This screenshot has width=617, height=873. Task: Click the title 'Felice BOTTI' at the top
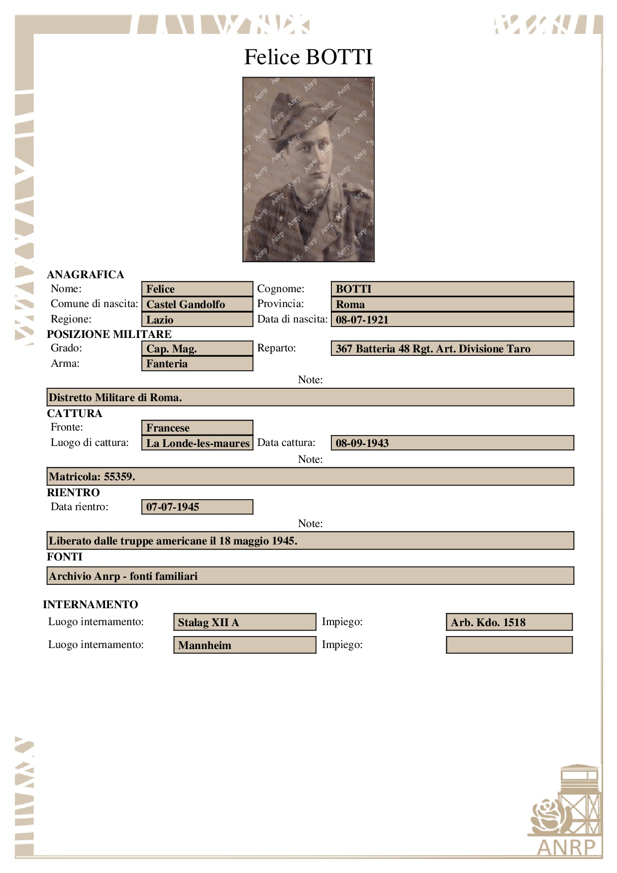tap(308, 57)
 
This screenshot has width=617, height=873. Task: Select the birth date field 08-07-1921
tap(452, 320)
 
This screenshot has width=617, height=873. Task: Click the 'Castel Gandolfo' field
tap(197, 304)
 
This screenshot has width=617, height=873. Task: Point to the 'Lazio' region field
tap(197, 320)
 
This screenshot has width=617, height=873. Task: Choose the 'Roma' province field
tap(452, 304)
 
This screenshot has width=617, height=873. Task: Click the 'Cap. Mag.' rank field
tap(197, 348)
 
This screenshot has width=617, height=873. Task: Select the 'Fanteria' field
tap(197, 364)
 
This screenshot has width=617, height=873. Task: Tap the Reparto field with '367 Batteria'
tap(452, 348)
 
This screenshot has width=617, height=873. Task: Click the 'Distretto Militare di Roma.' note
tap(310, 397)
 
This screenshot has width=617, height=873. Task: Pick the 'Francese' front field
tap(197, 428)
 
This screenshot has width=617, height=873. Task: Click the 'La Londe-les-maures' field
tap(198, 443)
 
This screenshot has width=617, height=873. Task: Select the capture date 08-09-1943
tap(452, 443)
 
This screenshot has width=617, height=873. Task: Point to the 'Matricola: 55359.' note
tap(310, 476)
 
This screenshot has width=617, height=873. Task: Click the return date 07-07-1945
tap(197, 507)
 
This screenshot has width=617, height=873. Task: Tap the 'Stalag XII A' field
tap(244, 622)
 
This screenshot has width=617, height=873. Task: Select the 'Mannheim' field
tap(244, 645)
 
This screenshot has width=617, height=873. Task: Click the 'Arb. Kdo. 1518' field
tap(509, 622)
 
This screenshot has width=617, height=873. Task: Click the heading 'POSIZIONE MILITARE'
tap(109, 334)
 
